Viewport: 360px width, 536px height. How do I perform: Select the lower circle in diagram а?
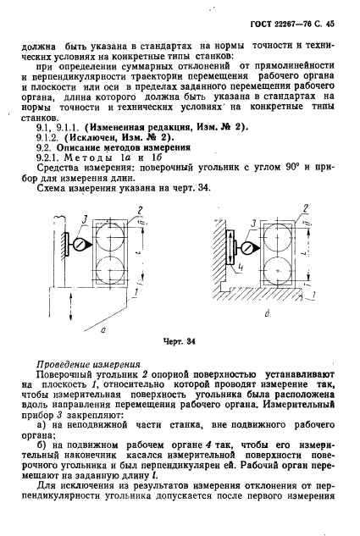[113, 276]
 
